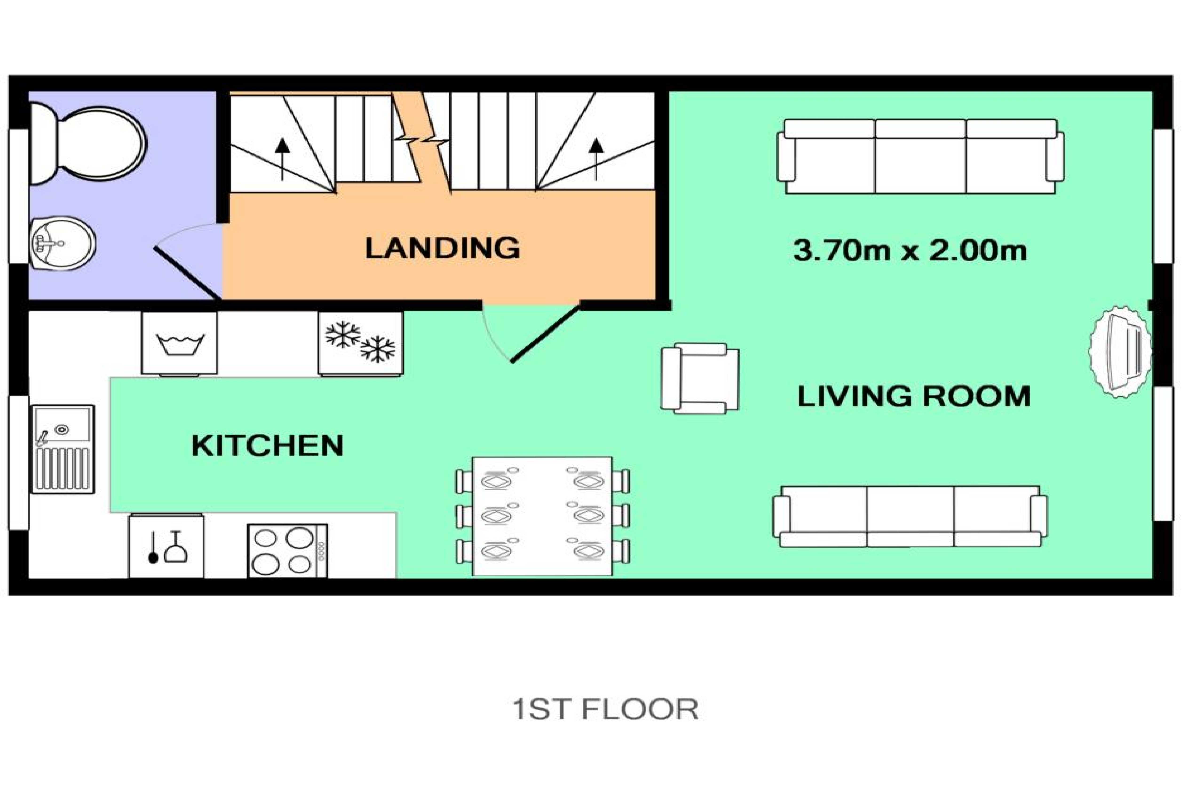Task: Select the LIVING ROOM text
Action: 914,396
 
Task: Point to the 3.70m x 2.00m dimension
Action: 910,251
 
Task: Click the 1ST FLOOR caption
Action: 606,710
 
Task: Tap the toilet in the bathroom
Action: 87,143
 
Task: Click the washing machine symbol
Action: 180,344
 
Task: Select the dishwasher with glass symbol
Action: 166,546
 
